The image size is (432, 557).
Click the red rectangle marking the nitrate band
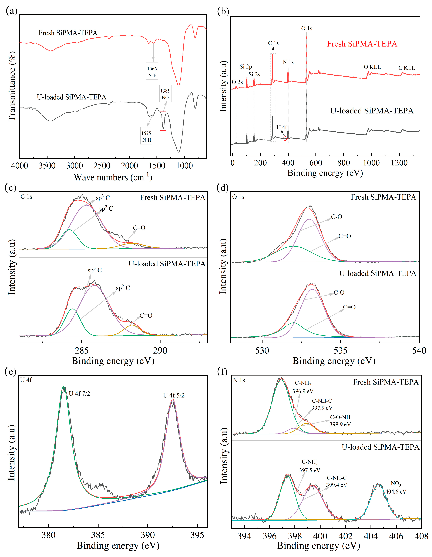tap(163, 121)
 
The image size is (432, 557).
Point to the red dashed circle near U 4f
tap(285, 138)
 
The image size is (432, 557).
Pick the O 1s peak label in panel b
tap(307, 28)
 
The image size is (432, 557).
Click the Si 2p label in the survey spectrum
tap(246, 67)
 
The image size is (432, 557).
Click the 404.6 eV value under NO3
tap(396, 491)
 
